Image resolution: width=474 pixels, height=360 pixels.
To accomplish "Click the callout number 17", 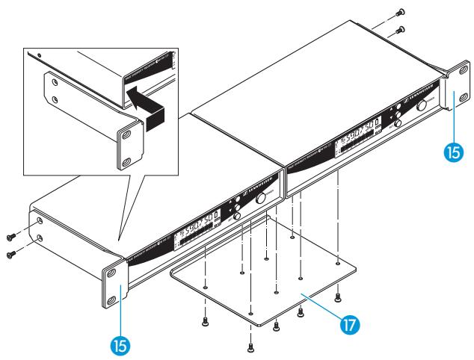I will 350,325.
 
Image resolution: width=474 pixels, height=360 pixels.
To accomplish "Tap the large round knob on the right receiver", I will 424,106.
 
